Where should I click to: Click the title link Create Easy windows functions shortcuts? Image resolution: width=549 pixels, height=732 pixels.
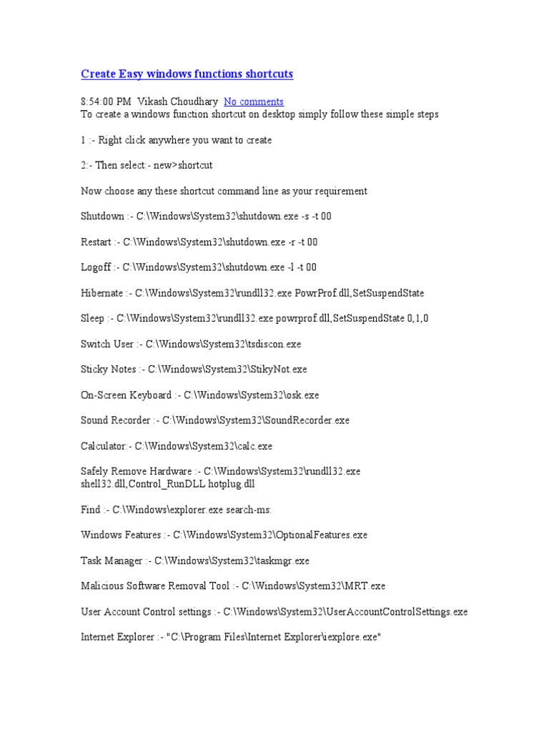(187, 74)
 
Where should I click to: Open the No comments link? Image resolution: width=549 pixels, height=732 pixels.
(253, 102)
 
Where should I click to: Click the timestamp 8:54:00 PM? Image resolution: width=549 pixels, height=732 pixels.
(106, 102)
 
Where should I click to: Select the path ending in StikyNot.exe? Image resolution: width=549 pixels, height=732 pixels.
(227, 370)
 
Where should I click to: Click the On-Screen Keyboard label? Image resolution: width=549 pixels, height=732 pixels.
(127, 395)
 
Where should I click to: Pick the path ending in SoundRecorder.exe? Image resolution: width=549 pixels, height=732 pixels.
(256, 420)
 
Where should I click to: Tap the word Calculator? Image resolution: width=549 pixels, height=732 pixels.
(104, 446)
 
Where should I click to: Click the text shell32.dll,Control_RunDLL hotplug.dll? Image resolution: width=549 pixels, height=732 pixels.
(168, 484)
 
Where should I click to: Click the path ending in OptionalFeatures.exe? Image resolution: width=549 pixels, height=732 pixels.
(270, 535)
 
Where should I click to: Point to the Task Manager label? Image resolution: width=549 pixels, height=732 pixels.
(112, 560)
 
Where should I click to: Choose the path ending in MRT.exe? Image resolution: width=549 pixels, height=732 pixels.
(313, 586)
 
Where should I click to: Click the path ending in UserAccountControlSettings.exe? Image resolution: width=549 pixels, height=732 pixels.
(345, 612)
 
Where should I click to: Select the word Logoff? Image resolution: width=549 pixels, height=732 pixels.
(96, 267)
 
